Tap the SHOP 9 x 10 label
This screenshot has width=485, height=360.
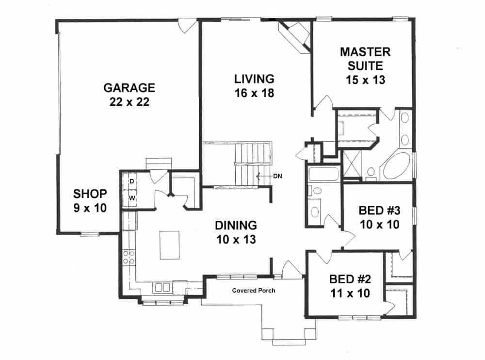coord(90,200)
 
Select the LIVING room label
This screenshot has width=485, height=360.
coord(254,85)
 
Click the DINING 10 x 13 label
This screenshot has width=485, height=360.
coord(236,232)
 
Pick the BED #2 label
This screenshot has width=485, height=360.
coord(350,286)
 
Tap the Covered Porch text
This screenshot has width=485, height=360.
coord(253,291)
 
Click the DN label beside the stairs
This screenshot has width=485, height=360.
coord(277,176)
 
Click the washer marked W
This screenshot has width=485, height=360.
coord(131,198)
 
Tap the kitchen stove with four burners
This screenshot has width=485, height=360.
coord(129,257)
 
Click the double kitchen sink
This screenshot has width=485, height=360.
coord(162,287)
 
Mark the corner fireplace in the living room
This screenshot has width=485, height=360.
coord(295,35)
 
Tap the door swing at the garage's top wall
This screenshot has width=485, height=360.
coord(187,26)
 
